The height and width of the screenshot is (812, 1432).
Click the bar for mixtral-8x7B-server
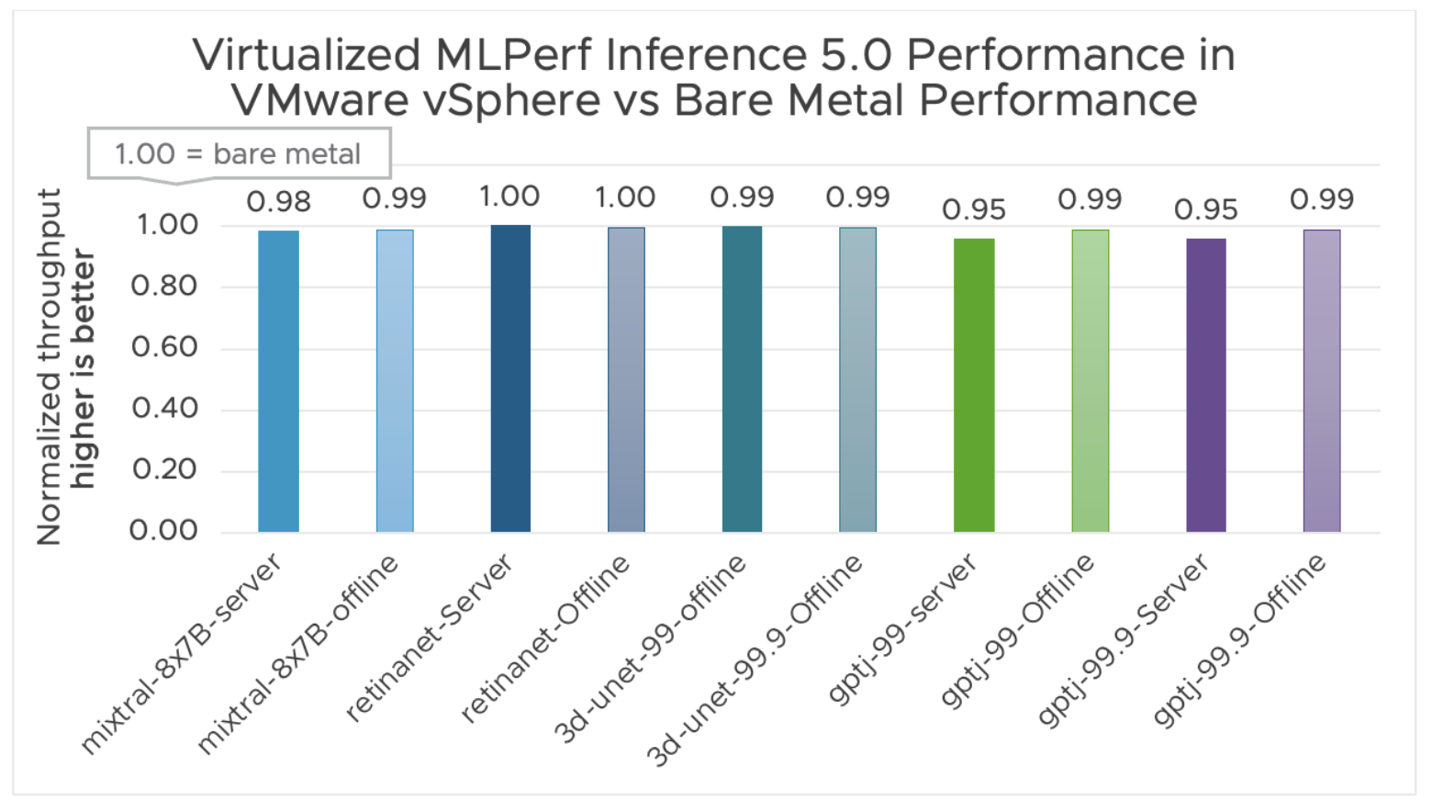point(278,381)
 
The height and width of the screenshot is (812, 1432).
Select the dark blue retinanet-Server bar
point(510,378)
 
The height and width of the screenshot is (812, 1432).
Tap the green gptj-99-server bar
point(974,386)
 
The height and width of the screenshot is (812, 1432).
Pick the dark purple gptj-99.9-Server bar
point(1205,386)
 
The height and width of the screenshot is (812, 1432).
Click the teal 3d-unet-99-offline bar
point(742,378)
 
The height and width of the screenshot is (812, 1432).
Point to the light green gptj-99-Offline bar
point(1090,381)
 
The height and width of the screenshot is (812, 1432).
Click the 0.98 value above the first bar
point(278,201)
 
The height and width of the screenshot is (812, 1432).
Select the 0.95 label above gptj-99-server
point(974,209)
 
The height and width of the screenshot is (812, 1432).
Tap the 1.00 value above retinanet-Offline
point(625,197)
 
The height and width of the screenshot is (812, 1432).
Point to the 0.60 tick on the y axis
point(164,347)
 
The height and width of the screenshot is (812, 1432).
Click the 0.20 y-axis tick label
point(164,469)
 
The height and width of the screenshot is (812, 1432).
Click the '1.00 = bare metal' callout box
point(239,153)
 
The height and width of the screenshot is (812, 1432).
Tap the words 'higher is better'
point(84,367)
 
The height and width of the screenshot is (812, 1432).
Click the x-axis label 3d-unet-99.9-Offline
point(755,660)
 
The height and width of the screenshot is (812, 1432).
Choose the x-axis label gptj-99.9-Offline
point(1239,640)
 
